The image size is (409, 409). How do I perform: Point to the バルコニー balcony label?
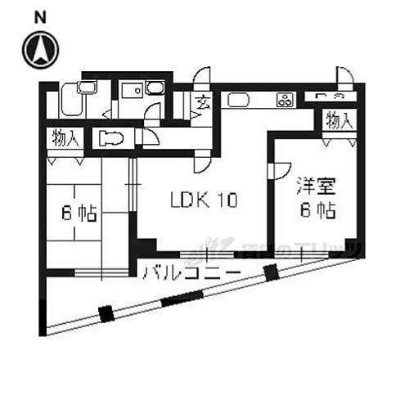coord(191,272)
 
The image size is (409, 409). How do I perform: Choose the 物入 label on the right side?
coord(338,120)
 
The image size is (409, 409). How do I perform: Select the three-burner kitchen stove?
coord(285,101)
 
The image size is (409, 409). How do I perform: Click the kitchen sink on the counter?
coord(238,101)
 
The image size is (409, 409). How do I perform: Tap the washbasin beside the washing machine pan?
coord(155,89)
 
